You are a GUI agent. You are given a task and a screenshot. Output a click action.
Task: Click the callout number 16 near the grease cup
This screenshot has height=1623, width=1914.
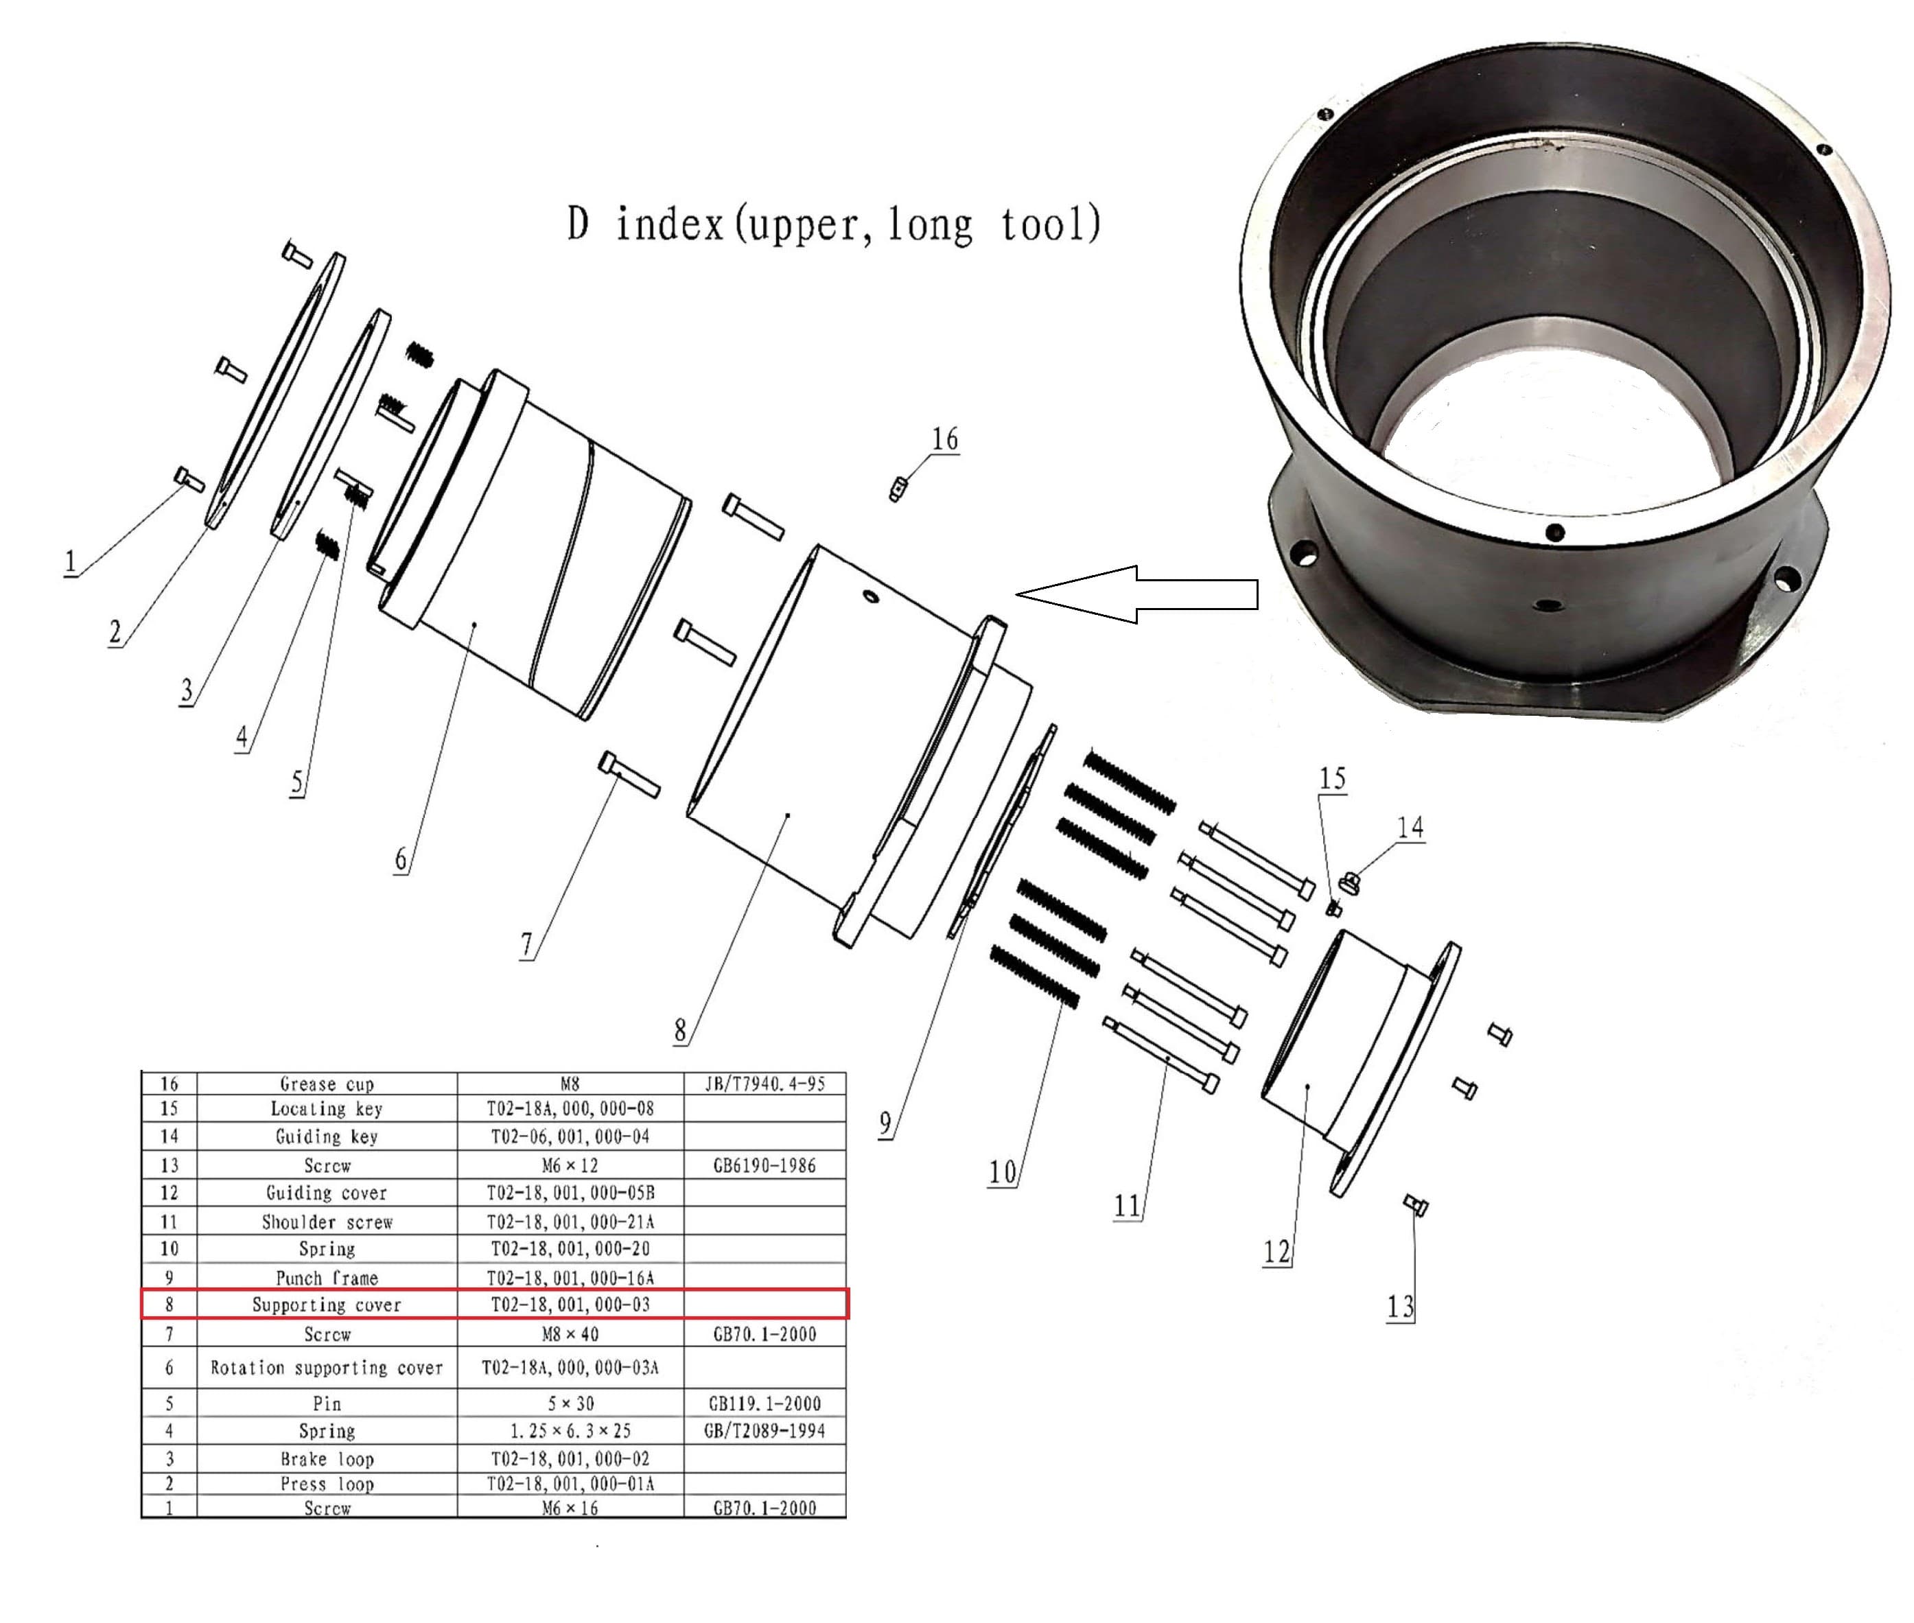(945, 439)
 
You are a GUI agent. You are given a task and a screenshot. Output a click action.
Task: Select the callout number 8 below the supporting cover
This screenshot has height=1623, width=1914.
(680, 1029)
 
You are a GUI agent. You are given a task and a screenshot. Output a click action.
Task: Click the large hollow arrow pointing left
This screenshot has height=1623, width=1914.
(1136, 594)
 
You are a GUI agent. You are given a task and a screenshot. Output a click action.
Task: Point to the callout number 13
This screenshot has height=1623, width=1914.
(1399, 1307)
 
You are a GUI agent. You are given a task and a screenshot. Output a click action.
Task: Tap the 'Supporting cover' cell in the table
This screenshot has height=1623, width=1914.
(327, 1305)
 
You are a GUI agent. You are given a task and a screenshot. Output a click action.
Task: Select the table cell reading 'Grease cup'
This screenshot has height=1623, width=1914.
(327, 1084)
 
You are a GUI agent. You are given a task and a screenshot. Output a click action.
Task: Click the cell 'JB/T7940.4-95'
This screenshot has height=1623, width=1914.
(765, 1084)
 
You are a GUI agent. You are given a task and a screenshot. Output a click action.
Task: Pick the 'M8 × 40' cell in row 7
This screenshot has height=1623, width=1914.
(570, 1334)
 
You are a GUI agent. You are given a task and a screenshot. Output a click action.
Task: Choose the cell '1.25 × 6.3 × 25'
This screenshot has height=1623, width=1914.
(570, 1431)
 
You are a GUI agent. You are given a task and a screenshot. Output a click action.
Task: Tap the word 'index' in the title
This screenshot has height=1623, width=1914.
(669, 224)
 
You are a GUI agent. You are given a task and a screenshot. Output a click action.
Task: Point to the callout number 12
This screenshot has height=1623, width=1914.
(1276, 1251)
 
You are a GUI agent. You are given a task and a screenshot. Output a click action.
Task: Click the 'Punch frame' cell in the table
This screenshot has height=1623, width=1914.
(327, 1278)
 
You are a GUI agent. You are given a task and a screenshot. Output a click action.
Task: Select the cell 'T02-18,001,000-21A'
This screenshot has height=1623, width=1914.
(570, 1222)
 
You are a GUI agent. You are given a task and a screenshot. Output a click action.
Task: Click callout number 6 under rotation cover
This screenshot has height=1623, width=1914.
(400, 859)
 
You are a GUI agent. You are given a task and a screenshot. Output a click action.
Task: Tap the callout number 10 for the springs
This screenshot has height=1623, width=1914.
(1002, 1172)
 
